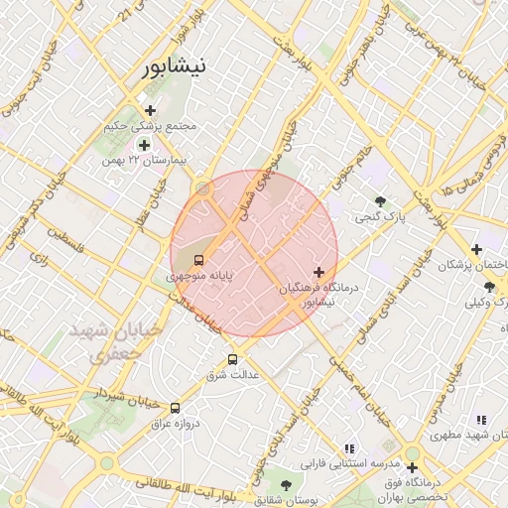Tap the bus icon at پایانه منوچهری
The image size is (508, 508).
tap(199, 260)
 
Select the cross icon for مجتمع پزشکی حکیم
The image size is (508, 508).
tap(150, 110)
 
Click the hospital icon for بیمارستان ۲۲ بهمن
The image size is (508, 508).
tap(144, 145)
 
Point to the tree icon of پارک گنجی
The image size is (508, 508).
tap(381, 201)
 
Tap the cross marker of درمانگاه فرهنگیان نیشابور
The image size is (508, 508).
tap(318, 272)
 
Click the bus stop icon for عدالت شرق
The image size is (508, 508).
tap(233, 359)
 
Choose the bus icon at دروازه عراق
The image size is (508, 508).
tap(176, 408)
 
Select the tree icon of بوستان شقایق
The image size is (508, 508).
tap(286, 485)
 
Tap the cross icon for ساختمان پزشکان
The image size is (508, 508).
tap(477, 249)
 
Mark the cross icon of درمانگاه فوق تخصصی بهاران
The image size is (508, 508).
tap(412, 467)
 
